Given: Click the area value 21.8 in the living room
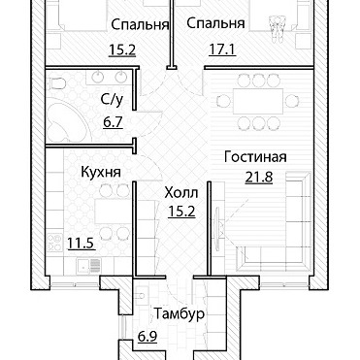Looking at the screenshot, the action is [259, 178].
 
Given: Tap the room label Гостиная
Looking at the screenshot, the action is [255, 157].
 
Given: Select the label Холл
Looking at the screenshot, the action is [181, 193].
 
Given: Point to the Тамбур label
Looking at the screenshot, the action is [179, 313].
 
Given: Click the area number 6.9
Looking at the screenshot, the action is [147, 337].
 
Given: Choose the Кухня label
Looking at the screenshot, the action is [101, 172].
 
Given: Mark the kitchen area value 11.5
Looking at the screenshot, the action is [82, 244].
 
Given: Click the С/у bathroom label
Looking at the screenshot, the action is [112, 100].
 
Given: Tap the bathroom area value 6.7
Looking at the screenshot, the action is [113, 122].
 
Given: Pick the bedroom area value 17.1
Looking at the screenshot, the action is [222, 49].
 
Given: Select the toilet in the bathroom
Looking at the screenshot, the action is [56, 83].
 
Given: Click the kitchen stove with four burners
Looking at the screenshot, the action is [54, 244].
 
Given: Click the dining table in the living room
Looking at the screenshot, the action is [258, 101].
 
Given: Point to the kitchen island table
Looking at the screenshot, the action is [112, 211].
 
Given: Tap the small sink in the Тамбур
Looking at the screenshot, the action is [140, 295].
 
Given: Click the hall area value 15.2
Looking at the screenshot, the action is [181, 212].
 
